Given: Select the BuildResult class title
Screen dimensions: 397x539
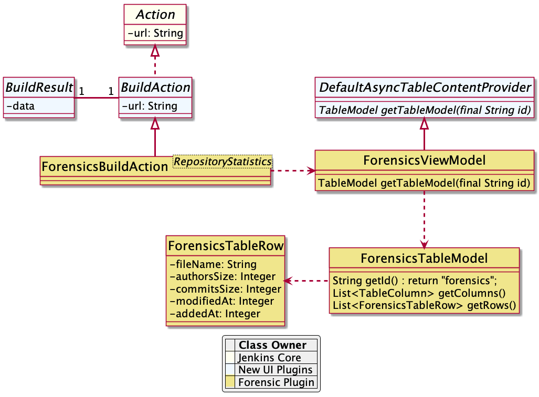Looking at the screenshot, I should [x=39, y=88].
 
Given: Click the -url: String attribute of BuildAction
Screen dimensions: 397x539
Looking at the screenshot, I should [x=150, y=106].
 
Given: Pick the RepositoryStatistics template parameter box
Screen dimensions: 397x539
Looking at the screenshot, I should [x=223, y=162].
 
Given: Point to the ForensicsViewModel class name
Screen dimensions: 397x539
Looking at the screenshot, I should [x=424, y=160].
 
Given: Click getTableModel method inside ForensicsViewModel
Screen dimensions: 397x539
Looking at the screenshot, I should [x=424, y=183].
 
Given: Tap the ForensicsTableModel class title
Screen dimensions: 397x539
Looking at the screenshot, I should [x=424, y=258].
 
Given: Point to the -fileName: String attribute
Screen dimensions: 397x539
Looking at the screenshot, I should [x=213, y=264].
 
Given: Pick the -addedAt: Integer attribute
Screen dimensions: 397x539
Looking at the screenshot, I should [x=215, y=314].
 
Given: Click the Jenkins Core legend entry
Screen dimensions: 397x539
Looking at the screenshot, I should [x=269, y=358].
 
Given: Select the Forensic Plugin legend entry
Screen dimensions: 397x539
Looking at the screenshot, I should [x=276, y=382].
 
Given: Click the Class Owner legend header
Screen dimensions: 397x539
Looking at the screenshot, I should [x=272, y=345].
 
